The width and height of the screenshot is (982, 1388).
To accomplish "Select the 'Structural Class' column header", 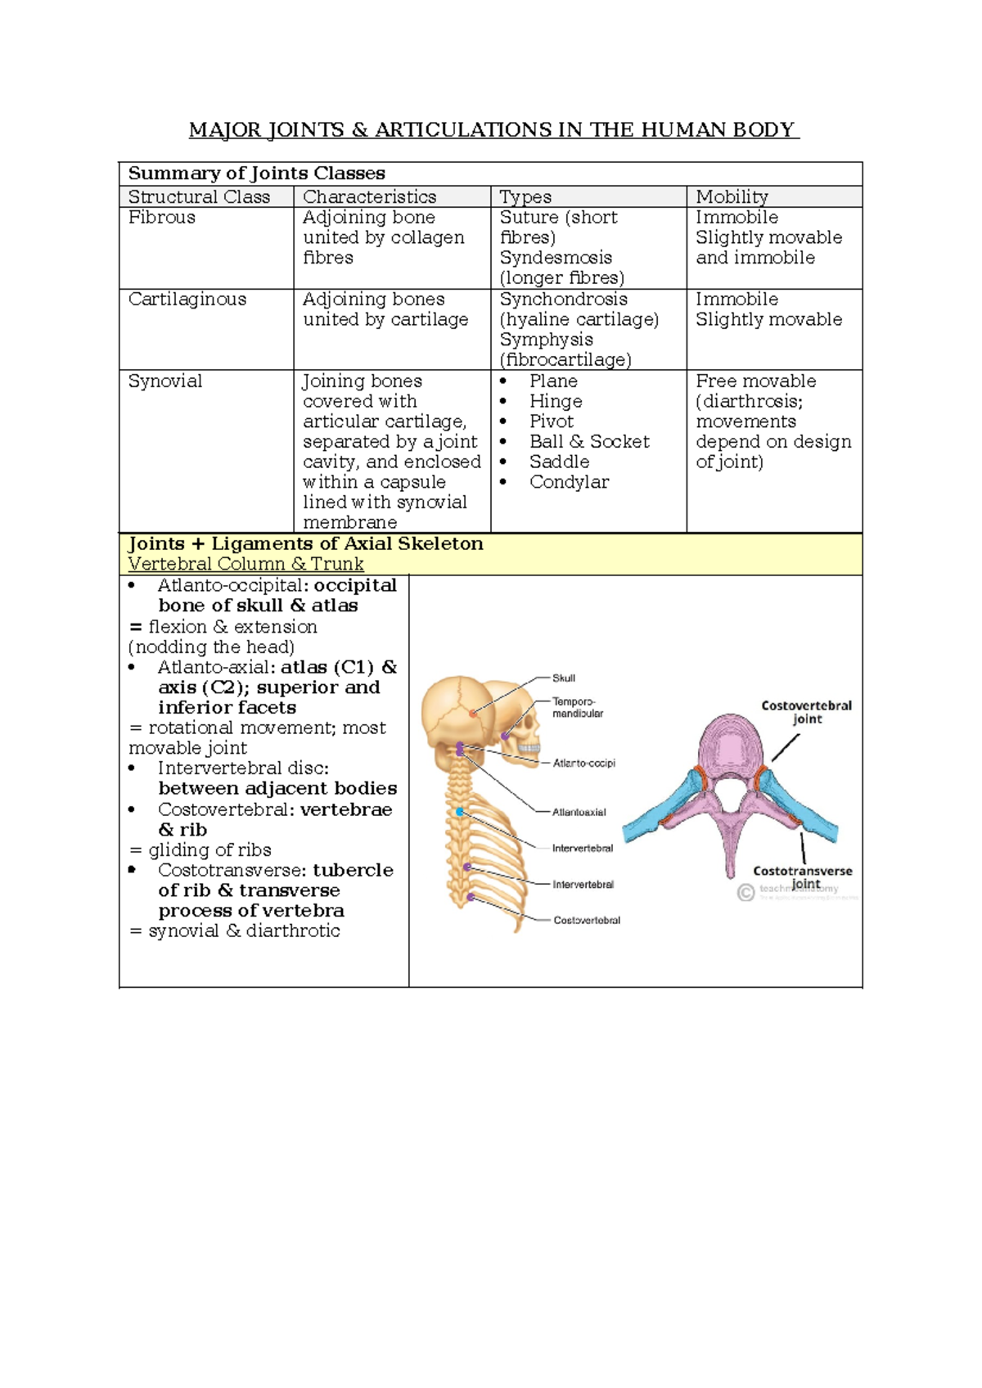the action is tap(199, 197).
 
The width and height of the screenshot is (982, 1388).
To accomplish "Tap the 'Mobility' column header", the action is tap(732, 197).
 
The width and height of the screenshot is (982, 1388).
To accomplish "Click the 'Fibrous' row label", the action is tap(162, 218).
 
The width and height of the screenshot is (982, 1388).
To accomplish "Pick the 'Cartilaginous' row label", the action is tap(187, 300).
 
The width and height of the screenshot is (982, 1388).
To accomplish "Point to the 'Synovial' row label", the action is tap(165, 381).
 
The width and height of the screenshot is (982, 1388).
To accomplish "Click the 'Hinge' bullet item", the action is tap(556, 402).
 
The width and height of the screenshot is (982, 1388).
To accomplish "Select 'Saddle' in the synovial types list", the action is tap(559, 462).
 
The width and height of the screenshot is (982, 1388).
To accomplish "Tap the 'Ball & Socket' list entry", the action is tap(589, 442).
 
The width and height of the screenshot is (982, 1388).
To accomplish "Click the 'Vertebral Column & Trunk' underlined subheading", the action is tap(245, 564).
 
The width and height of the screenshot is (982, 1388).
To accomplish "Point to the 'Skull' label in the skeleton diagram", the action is tap(564, 678).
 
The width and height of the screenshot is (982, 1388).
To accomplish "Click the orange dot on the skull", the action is tap(473, 714).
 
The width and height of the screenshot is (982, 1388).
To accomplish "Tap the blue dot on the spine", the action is tap(461, 812).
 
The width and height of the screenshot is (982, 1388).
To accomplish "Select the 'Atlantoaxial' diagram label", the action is tap(579, 813).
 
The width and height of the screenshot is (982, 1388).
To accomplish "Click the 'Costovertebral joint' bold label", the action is tap(806, 712).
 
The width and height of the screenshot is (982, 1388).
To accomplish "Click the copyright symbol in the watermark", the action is tap(746, 893).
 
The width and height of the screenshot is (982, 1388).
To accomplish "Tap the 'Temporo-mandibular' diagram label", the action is tap(577, 708).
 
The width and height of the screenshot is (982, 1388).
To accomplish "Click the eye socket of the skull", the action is tap(523, 723).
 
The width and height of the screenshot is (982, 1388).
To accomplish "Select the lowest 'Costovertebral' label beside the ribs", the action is tap(587, 921).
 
